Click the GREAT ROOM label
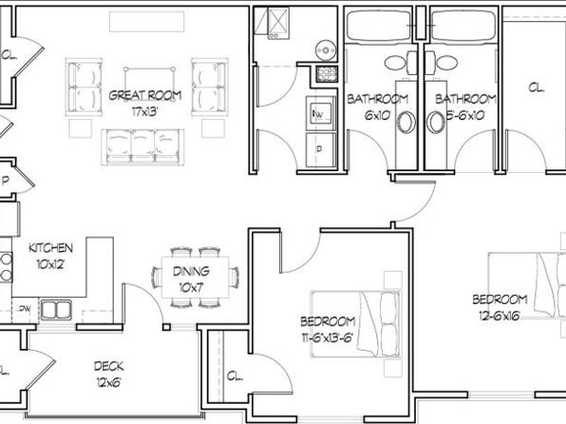[x=144, y=95]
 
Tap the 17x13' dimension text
[x=144, y=111]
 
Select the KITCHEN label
[x=50, y=248]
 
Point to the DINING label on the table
[x=191, y=271]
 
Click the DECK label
[x=108, y=366]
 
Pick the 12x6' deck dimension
[x=108, y=382]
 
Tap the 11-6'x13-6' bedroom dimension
[x=327, y=337]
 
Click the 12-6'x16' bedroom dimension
[x=500, y=316]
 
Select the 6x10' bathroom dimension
[x=378, y=115]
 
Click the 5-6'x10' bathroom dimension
[x=465, y=115]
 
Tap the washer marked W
[x=321, y=112]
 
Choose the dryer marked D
[x=321, y=149]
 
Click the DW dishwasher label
[x=25, y=309]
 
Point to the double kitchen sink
[x=56, y=310]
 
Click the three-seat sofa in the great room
[x=142, y=147]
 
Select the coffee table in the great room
[x=149, y=85]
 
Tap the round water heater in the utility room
[x=326, y=49]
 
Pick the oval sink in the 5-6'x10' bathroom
[x=435, y=122]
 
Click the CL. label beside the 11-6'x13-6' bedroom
[x=235, y=376]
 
